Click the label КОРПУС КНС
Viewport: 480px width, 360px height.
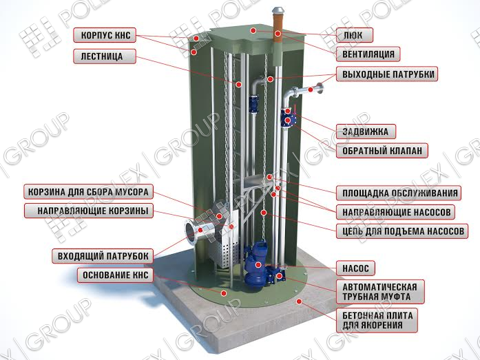tap(105, 35)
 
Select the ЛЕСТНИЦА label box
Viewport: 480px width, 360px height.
tap(105, 56)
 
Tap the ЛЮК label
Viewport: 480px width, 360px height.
tap(355, 35)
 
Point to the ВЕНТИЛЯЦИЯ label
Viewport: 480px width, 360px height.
tap(368, 54)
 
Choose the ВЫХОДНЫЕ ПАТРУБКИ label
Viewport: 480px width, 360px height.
tap(387, 74)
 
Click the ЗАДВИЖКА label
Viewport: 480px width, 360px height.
tap(366, 131)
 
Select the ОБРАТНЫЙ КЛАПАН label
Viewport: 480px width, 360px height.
tap(382, 151)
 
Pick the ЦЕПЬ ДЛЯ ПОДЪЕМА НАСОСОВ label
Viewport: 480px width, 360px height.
tap(402, 231)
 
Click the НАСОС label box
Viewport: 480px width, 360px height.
tap(355, 268)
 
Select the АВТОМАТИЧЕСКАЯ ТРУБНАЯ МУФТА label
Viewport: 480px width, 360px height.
tap(380, 291)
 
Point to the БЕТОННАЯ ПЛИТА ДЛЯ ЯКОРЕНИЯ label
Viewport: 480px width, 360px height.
tap(377, 320)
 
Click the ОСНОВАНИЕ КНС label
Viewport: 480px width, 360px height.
tap(115, 275)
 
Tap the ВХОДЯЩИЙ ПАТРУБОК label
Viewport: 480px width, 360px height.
tap(102, 256)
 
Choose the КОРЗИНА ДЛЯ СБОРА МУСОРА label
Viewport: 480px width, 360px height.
tap(88, 192)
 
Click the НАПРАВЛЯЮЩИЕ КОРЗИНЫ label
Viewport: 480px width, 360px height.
tap(88, 211)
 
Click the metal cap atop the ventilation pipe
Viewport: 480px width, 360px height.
tap(278, 10)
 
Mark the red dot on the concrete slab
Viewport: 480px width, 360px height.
tap(300, 301)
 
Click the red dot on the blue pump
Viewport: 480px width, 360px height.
tap(258, 265)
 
